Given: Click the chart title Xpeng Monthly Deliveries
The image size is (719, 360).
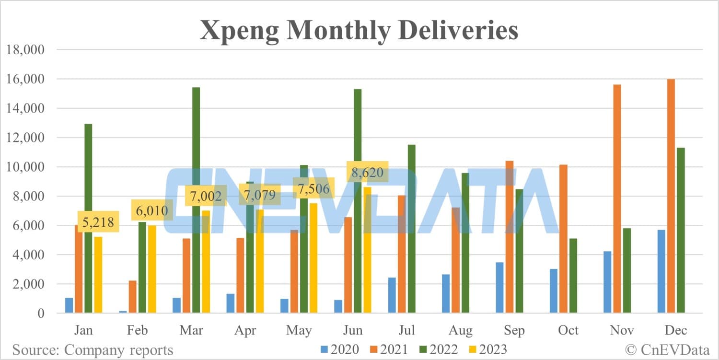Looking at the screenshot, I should (x=359, y=30).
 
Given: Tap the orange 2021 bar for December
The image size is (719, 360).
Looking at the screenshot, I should (x=671, y=196).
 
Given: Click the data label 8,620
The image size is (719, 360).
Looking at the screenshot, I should (x=367, y=172).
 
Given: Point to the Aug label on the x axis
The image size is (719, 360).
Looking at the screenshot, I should (x=461, y=331).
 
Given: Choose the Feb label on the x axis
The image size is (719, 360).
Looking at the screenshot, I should (x=138, y=331).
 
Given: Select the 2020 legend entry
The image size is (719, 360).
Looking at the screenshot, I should (x=339, y=349).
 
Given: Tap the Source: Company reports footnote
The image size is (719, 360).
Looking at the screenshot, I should (x=93, y=349).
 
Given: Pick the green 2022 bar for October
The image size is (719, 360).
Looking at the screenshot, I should (x=573, y=276).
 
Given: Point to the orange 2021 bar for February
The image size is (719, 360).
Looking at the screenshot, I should (x=133, y=297).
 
